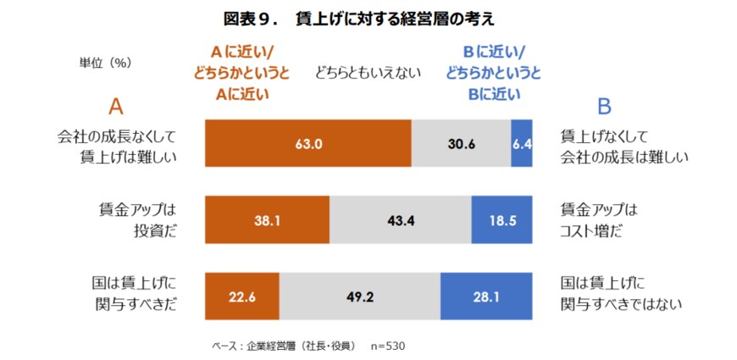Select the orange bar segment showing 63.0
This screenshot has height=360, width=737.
(x=308, y=144)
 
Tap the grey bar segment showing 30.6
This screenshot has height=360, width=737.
(x=461, y=144)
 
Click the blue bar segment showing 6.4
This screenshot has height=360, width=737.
(x=521, y=144)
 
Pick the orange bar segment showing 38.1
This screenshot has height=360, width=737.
(x=268, y=220)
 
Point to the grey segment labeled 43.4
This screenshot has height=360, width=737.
(x=400, y=220)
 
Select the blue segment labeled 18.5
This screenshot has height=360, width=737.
(x=501, y=220)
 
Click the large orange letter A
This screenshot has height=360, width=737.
(x=116, y=106)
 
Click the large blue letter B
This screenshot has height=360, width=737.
(x=604, y=106)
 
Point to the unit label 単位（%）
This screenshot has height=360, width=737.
(x=105, y=63)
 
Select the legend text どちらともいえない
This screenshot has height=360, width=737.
(x=368, y=73)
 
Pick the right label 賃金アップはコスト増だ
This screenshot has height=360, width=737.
(x=598, y=220)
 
